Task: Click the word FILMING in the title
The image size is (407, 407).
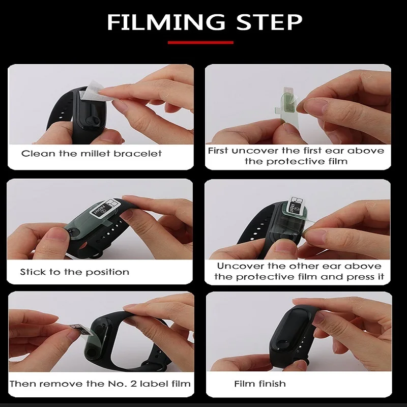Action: click(166, 22)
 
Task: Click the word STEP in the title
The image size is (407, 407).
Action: click(270, 22)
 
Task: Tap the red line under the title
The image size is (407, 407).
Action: click(200, 42)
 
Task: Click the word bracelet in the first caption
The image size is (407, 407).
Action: click(138, 154)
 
